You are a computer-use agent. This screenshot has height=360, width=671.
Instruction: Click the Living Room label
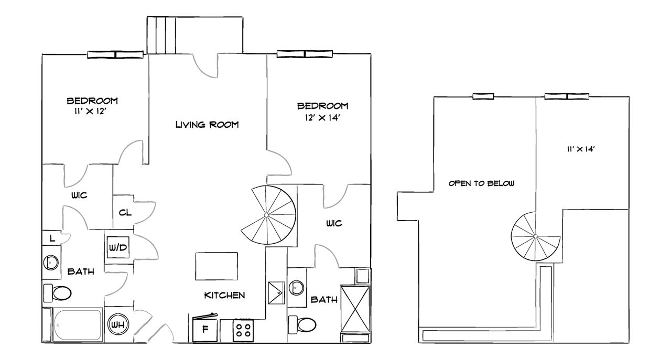pos(207,125)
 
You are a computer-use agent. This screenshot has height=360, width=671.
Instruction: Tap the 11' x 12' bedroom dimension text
pos(88,111)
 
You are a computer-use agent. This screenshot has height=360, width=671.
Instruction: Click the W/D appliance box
pos(117,247)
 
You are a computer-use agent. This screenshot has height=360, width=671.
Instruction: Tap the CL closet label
pos(125,212)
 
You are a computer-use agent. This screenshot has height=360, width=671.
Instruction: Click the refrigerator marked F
pos(205,329)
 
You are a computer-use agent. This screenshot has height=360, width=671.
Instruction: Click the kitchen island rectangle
pos(217,266)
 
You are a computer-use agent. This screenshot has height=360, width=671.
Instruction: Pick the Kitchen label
pos(224,296)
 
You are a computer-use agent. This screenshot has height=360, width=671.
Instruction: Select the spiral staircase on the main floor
pos(268,215)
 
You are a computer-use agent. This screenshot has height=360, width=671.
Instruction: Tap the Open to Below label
pos(482,184)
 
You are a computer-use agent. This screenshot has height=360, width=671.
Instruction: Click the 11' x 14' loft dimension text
pos(580,149)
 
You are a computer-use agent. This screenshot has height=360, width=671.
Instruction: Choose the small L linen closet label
pos(51,238)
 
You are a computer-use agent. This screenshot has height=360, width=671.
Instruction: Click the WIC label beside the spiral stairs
pos(334,223)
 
